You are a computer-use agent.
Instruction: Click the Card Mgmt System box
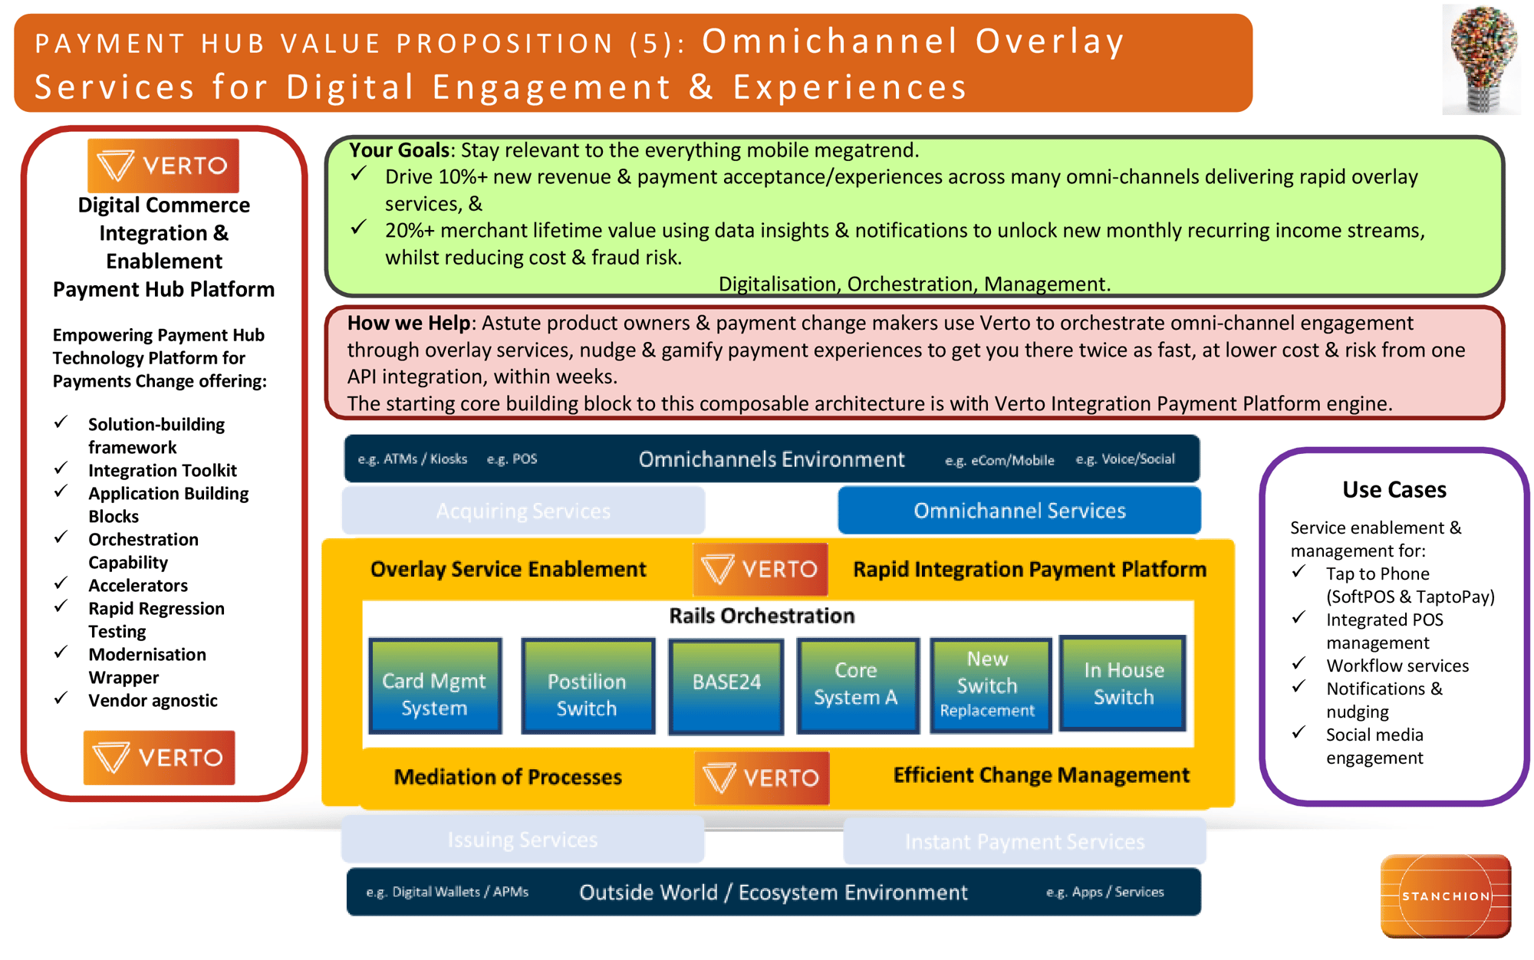(x=435, y=686)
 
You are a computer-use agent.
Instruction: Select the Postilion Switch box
(x=588, y=686)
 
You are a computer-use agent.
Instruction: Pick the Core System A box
(x=857, y=685)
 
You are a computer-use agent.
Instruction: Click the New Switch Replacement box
(x=989, y=685)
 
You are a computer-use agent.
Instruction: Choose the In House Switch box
(x=1123, y=683)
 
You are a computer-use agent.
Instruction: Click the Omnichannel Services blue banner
(x=1019, y=511)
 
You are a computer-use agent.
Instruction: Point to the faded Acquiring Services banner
(x=523, y=511)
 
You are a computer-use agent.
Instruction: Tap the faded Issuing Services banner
(x=522, y=840)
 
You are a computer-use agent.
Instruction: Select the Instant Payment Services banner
(x=1024, y=842)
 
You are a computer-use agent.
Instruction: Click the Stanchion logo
(x=1446, y=896)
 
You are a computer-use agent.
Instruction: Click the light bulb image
(x=1481, y=60)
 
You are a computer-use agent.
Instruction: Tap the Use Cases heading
(x=1394, y=489)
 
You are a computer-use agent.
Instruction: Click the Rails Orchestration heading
(x=762, y=616)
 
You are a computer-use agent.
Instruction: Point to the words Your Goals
(x=399, y=150)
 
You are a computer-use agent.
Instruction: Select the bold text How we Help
(x=408, y=323)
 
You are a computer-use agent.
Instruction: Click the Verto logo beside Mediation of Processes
(x=762, y=778)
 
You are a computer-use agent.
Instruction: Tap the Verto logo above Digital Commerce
(x=163, y=166)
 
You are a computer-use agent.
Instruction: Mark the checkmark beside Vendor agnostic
(x=61, y=699)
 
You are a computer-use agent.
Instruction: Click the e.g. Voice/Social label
(x=1124, y=459)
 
